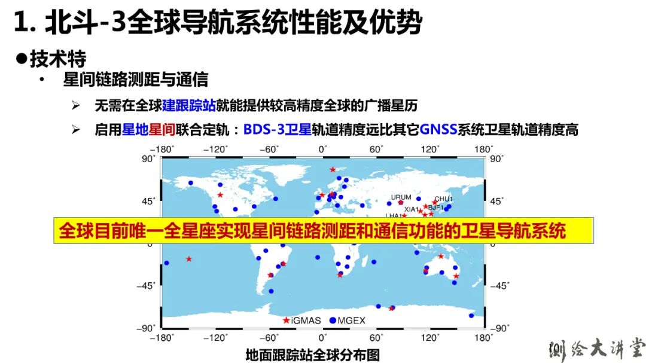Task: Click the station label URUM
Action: click(401, 197)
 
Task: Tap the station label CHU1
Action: click(443, 199)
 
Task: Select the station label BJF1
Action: click(436, 208)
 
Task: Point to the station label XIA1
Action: click(411, 209)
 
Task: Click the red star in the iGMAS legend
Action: click(286, 320)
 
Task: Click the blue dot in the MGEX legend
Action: click(333, 320)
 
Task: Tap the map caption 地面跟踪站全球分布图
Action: click(313, 355)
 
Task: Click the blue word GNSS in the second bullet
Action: click(438, 130)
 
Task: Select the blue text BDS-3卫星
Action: click(278, 130)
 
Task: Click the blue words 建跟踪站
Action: click(189, 105)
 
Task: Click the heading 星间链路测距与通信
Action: click(136, 80)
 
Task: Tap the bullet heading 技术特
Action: click(58, 59)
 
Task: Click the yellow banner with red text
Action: click(324, 230)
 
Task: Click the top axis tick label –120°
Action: click(215, 149)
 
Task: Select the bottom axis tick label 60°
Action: click(376, 338)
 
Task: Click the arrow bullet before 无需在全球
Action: click(75, 105)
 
